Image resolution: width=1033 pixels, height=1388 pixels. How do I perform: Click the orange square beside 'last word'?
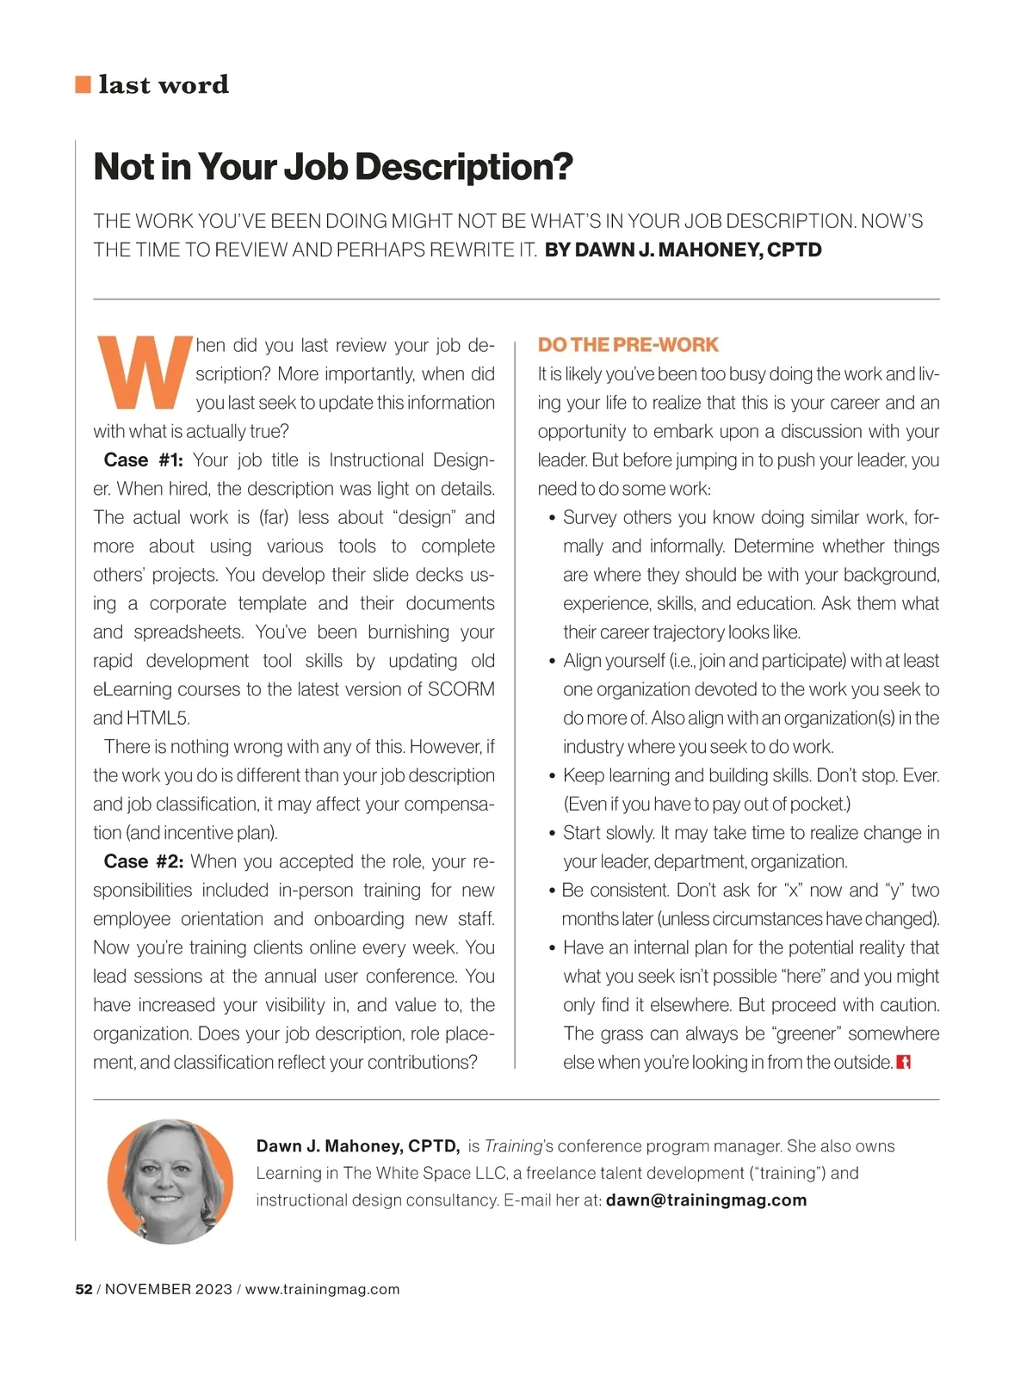(x=84, y=84)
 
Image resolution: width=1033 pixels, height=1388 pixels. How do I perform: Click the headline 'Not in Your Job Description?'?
(x=333, y=167)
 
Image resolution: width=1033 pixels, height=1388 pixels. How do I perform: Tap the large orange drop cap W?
(x=143, y=373)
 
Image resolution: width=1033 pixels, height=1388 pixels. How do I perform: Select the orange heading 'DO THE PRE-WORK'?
(x=628, y=345)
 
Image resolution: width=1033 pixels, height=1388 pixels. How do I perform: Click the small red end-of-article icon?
(x=904, y=1062)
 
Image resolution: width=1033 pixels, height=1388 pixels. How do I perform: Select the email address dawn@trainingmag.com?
(x=706, y=1200)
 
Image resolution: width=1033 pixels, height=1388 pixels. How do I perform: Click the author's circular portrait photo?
(x=170, y=1181)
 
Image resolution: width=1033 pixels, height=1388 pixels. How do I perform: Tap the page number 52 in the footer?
(x=84, y=1289)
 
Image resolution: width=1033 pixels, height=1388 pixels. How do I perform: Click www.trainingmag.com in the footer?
(x=323, y=1289)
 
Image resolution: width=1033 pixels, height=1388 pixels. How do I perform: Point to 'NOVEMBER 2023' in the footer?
(x=169, y=1289)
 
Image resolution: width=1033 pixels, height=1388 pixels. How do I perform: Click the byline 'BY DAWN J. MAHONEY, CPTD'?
(x=684, y=250)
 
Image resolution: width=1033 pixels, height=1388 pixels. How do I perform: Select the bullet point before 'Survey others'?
(x=552, y=518)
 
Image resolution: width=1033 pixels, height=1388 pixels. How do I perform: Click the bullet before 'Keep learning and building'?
(x=552, y=776)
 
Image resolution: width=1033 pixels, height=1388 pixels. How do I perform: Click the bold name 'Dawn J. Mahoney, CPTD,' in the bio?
(x=358, y=1146)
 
